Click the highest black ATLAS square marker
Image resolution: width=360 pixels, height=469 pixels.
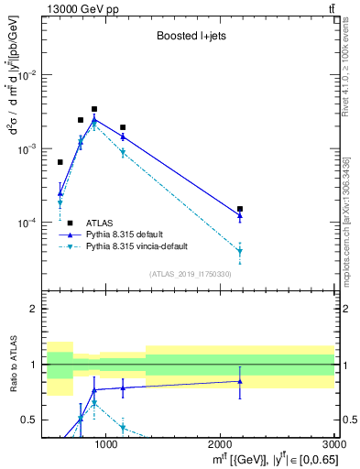(93, 109)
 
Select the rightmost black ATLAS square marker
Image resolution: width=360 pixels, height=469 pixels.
(240, 209)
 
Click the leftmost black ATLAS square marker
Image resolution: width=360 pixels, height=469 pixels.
(60, 162)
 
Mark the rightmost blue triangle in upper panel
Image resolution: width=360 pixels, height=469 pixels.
(240, 216)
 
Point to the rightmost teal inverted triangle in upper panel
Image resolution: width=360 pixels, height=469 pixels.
(240, 251)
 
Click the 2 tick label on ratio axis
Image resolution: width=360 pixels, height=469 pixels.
(34, 310)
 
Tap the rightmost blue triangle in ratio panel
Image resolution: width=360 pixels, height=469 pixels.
(240, 381)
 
